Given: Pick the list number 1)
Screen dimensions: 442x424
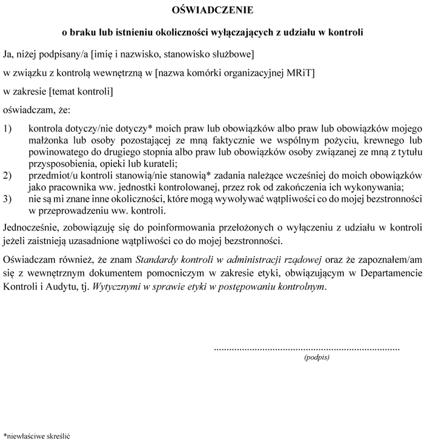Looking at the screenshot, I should coord(8,129).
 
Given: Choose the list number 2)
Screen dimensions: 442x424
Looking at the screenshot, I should coord(8,175).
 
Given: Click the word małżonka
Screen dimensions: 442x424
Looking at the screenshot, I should coord(47,140).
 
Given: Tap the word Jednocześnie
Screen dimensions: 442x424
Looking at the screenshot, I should coord(30,228).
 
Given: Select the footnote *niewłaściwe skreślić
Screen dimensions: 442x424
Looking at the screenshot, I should coord(37,435).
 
